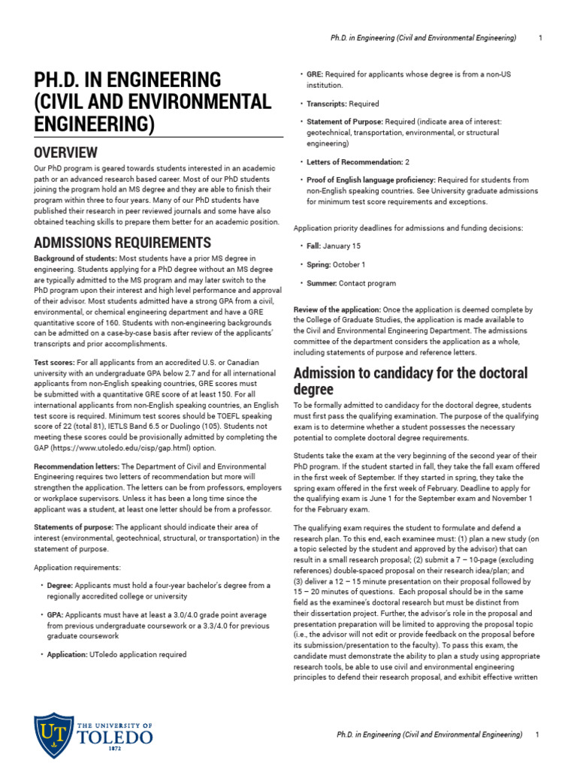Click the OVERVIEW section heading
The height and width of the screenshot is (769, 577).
[66, 152]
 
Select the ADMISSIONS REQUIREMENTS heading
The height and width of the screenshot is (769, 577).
[122, 243]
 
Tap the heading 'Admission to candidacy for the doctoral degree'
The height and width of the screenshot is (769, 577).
[410, 381]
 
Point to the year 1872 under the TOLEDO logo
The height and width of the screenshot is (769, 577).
[115, 749]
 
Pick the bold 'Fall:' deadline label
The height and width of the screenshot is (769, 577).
[316, 246]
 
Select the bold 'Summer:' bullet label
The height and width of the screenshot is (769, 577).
[322, 283]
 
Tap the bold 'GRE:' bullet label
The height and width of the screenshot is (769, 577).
[315, 75]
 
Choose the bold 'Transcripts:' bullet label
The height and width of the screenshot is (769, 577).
[327, 104]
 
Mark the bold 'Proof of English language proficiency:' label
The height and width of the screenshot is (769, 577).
[370, 180]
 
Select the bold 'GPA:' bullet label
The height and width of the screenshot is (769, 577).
[57, 614]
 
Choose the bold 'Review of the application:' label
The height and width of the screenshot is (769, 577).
[337, 309]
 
